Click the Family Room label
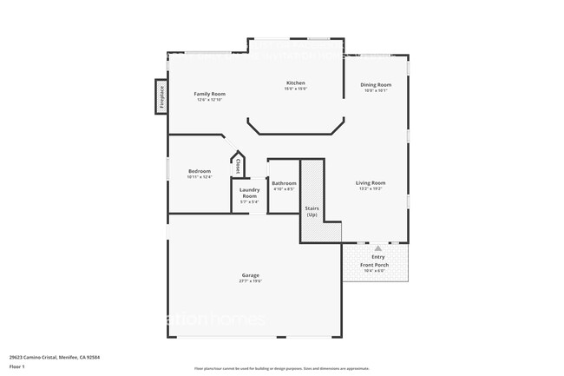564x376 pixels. [x=210, y=94]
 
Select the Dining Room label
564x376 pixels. [x=376, y=84]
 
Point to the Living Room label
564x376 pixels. [x=371, y=182]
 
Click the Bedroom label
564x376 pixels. [x=200, y=171]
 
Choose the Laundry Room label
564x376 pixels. [x=249, y=193]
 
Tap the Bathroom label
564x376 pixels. [x=284, y=183]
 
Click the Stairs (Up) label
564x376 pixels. [x=312, y=211]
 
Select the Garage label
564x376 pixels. [x=250, y=275]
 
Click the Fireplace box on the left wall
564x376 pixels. [x=161, y=96]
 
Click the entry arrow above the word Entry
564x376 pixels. [x=377, y=248]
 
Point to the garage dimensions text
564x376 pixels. [x=250, y=281]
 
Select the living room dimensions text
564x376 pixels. [x=371, y=188]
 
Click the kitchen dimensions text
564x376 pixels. [x=295, y=89]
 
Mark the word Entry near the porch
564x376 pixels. [x=378, y=257]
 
